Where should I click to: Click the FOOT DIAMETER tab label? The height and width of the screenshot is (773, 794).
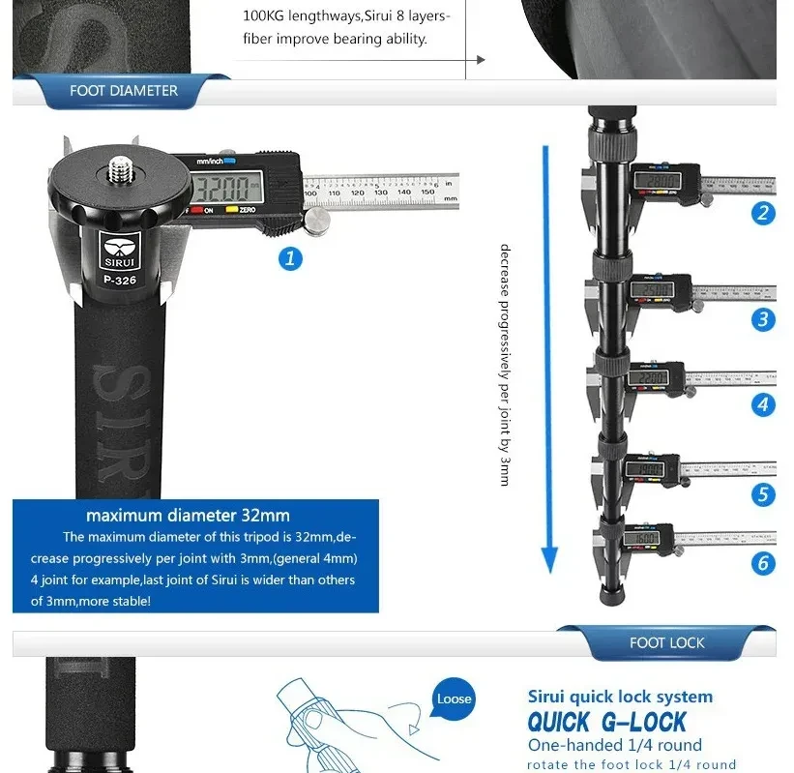pyautogui.click(x=123, y=91)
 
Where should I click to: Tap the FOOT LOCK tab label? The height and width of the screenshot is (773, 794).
pyautogui.click(x=666, y=643)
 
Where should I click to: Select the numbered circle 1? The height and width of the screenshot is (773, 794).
pyautogui.click(x=290, y=258)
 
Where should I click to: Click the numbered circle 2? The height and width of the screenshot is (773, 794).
pyautogui.click(x=764, y=214)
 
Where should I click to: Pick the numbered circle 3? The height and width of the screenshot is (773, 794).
pyautogui.click(x=764, y=319)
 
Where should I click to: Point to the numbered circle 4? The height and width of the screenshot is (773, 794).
pyautogui.click(x=764, y=404)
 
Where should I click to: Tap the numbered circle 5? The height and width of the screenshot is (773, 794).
pyautogui.click(x=764, y=495)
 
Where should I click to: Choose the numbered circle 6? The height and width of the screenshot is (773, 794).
pyautogui.click(x=764, y=563)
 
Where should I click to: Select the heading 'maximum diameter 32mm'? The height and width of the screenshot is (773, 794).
pyautogui.click(x=188, y=515)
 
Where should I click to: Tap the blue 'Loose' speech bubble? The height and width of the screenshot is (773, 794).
pyautogui.click(x=454, y=699)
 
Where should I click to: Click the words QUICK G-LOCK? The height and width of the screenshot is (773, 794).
pyautogui.click(x=606, y=722)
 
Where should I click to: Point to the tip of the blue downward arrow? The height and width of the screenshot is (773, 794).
pyautogui.click(x=549, y=570)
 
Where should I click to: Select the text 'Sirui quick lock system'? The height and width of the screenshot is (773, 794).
pyautogui.click(x=620, y=697)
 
